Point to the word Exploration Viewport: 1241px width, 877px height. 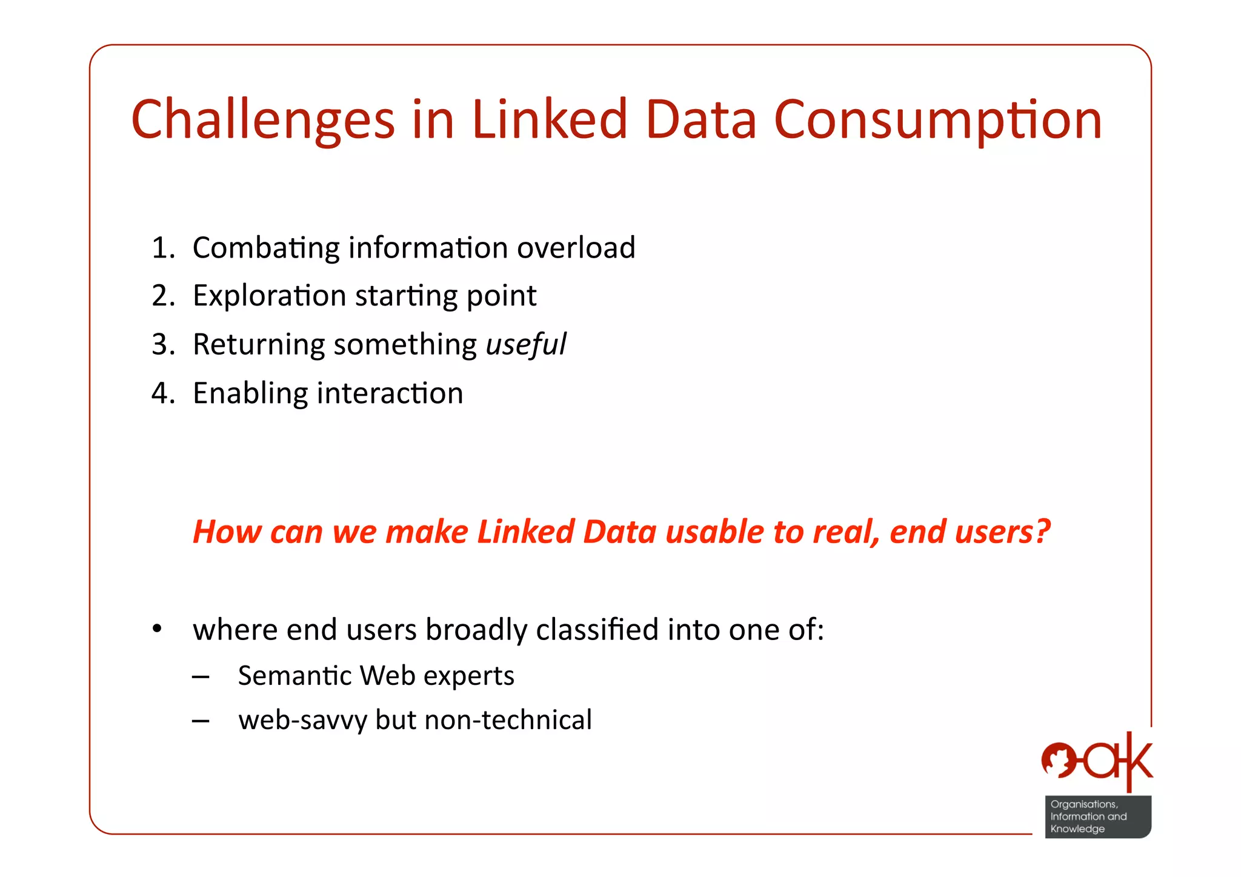(269, 296)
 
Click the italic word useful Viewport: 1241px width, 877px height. (526, 345)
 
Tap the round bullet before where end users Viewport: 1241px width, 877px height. (157, 629)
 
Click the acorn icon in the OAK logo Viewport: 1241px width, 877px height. (1058, 760)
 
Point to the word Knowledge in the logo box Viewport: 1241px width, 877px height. (1077, 829)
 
